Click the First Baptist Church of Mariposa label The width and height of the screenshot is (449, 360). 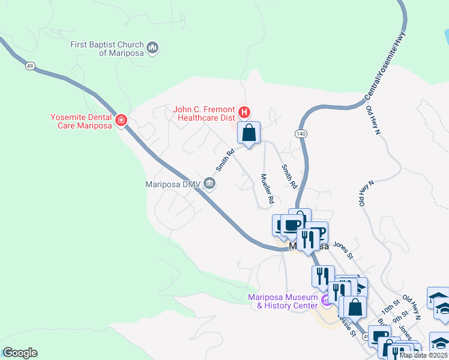(x=107, y=49)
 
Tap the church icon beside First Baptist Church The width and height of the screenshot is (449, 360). (x=152, y=47)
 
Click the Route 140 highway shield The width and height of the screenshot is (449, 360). (x=301, y=132)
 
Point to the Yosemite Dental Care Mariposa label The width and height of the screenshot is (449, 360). (x=81, y=121)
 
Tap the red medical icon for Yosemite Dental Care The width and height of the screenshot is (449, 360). (x=121, y=121)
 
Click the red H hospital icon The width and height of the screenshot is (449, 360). (x=244, y=112)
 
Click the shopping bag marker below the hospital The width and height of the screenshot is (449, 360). (x=249, y=133)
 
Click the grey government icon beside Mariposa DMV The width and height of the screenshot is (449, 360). (x=209, y=184)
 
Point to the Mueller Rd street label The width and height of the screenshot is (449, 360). (x=267, y=188)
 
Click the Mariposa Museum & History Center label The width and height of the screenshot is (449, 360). (x=283, y=301)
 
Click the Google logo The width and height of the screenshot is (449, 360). (x=20, y=353)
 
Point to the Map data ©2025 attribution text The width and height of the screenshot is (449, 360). (x=424, y=355)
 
